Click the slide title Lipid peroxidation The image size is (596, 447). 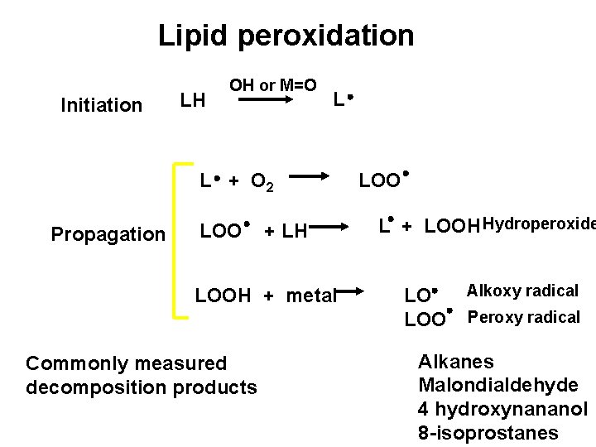click(286, 36)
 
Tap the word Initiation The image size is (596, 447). click(102, 105)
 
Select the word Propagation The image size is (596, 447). click(108, 234)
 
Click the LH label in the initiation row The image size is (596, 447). click(193, 102)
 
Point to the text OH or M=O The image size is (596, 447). click(272, 84)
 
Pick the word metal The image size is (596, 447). click(312, 296)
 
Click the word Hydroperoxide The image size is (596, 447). click(539, 223)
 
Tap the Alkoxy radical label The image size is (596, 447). click(522, 291)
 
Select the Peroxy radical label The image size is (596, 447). click(524, 317)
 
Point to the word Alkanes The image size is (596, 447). click(456, 362)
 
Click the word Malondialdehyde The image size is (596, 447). click(497, 385)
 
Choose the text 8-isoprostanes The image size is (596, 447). click(488, 433)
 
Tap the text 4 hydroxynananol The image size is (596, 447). click(502, 409)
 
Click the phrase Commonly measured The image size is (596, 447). click(127, 363)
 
